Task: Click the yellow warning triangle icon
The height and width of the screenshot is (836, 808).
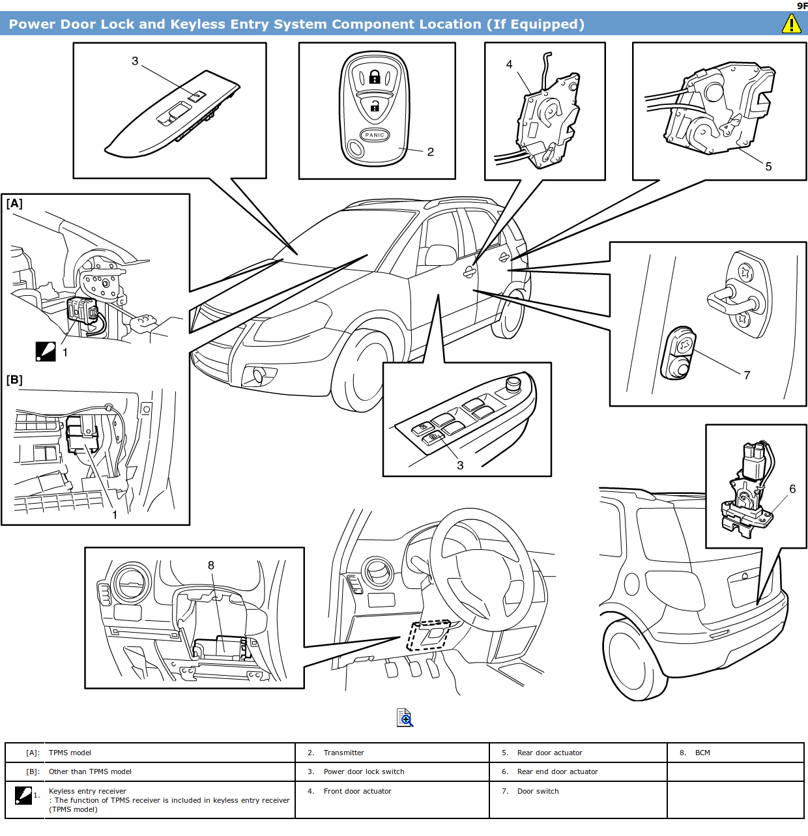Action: tap(791, 23)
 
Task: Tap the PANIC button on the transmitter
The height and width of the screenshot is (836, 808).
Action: tap(375, 135)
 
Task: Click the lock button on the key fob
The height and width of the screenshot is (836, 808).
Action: tap(375, 78)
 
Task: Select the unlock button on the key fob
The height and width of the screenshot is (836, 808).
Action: tap(375, 106)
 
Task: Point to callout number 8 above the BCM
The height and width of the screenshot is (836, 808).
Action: tap(211, 566)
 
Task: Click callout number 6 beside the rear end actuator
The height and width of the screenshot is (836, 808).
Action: tap(792, 489)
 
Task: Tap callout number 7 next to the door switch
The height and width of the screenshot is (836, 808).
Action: tap(747, 375)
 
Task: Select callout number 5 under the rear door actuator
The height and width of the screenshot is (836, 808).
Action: tap(768, 167)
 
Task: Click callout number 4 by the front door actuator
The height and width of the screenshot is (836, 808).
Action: tap(509, 65)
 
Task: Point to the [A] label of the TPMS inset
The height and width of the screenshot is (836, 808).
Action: tap(14, 204)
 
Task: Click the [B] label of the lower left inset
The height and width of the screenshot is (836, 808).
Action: tap(14, 380)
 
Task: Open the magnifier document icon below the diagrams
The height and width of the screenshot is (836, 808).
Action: tap(405, 717)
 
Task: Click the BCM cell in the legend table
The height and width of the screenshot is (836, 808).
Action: tap(702, 753)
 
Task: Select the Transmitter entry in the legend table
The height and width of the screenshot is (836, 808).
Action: tap(343, 753)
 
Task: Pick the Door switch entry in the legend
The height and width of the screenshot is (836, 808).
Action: tap(538, 791)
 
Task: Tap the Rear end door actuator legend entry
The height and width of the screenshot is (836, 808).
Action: tap(557, 771)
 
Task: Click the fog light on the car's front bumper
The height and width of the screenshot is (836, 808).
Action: tap(258, 375)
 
